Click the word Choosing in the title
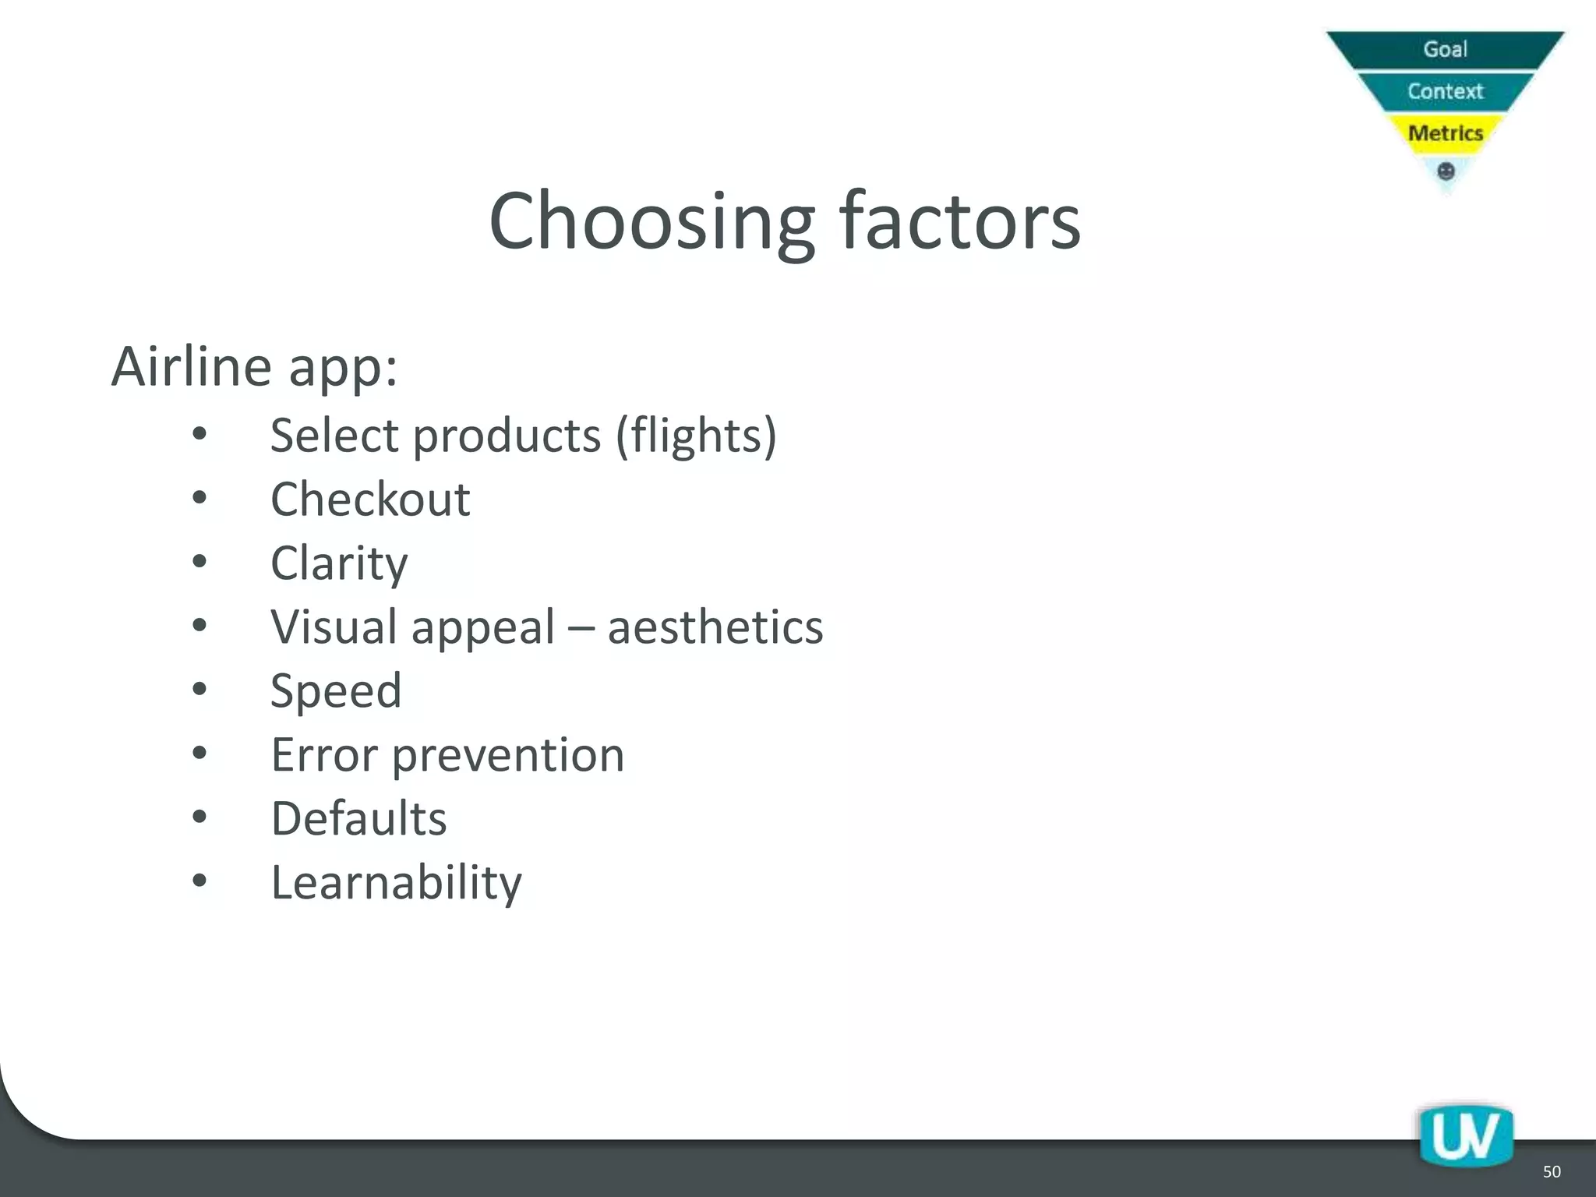[x=651, y=222]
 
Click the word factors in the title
[x=960, y=222]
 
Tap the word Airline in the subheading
[x=192, y=365]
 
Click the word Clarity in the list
[x=339, y=563]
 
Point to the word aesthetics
[x=715, y=627]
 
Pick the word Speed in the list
[x=336, y=691]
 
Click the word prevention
[x=507, y=756]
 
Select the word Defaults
[x=358, y=819]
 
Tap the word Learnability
[x=396, y=883]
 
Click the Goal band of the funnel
[x=1445, y=49]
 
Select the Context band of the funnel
[x=1445, y=91]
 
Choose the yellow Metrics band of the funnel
[x=1445, y=133]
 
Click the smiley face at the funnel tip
[x=1446, y=171]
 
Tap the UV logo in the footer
[x=1465, y=1136]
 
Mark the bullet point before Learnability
[x=199, y=881]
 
